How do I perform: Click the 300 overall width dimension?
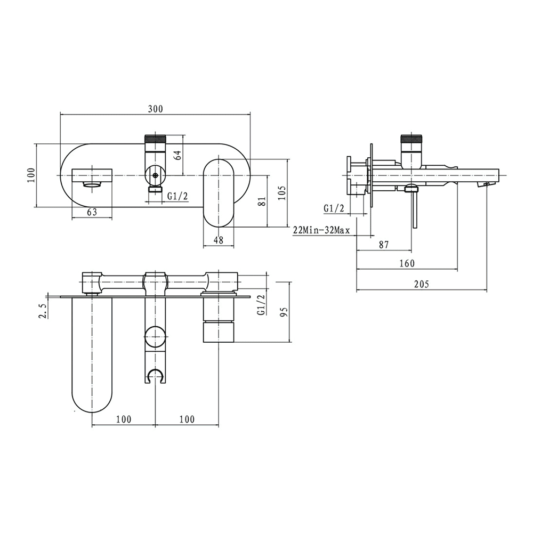point(155,109)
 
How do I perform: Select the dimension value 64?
point(179,155)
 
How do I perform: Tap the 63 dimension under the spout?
point(92,212)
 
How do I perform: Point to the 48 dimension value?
point(219,240)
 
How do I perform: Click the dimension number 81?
point(262,201)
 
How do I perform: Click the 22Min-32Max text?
point(321,230)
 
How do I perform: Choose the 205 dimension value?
point(421,284)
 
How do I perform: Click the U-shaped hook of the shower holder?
point(155,375)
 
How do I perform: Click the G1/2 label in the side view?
point(334,208)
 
